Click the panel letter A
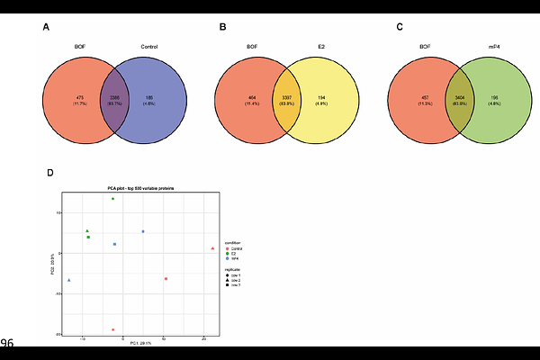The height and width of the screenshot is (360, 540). [x=47, y=27]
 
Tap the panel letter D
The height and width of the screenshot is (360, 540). [x=49, y=172]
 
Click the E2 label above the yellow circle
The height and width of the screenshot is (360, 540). [x=321, y=46]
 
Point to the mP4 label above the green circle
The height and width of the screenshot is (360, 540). [x=493, y=46]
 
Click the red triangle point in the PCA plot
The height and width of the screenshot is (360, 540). [x=212, y=247]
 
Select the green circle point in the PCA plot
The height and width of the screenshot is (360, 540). [x=112, y=199]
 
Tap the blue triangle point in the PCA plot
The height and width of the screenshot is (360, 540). [x=69, y=280]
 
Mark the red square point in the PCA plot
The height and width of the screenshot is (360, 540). [x=166, y=279]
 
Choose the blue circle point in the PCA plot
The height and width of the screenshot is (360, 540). [x=143, y=232]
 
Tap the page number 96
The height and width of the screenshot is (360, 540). [x=7, y=343]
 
